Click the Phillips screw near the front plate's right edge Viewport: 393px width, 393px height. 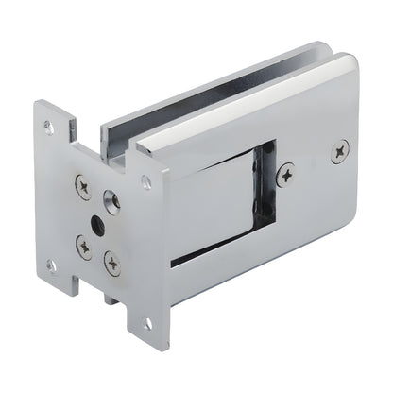click(340, 148)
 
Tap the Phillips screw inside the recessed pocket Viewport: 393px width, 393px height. click(285, 172)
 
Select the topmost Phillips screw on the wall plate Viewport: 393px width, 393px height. click(84, 188)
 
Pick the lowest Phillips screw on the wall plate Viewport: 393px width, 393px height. click(112, 265)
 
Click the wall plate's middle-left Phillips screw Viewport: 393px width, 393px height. click(84, 249)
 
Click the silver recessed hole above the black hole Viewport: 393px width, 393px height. click(111, 200)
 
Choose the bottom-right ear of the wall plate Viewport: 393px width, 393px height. click(147, 326)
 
